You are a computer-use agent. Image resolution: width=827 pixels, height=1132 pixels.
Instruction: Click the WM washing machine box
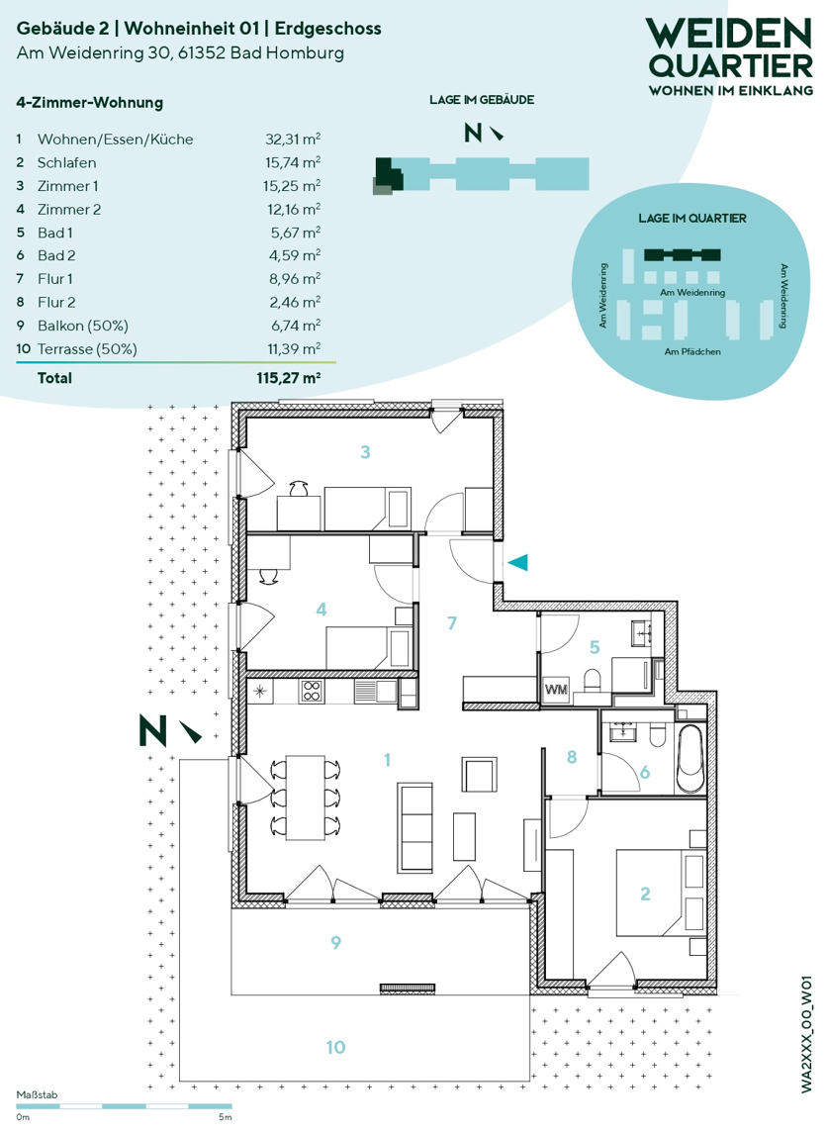[x=556, y=690]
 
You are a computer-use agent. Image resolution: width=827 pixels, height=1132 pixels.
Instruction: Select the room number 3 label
[x=365, y=452]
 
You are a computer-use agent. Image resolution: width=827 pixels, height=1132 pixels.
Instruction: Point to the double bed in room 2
[x=660, y=893]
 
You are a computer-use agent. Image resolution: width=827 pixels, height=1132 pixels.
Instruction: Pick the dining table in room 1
[x=306, y=797]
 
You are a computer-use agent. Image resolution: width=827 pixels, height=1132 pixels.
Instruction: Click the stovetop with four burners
[x=312, y=691]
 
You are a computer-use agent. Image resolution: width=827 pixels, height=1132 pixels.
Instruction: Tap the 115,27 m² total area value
[x=289, y=378]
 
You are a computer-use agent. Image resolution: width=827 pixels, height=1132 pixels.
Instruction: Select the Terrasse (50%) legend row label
[x=87, y=348]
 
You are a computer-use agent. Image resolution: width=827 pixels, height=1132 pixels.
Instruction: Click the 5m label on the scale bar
[x=226, y=1117]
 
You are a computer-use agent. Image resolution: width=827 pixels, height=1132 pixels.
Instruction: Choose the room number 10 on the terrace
[x=335, y=1047]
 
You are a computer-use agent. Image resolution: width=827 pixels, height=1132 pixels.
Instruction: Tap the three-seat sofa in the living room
[x=414, y=827]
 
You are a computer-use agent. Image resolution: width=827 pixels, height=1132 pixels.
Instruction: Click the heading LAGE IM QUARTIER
[x=692, y=218]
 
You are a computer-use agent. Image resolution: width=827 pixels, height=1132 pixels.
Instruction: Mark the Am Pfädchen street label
[x=692, y=351]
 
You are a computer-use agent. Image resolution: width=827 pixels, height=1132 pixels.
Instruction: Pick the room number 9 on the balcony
[x=335, y=942]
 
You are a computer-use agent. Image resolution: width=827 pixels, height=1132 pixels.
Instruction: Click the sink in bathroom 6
[x=620, y=732]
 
